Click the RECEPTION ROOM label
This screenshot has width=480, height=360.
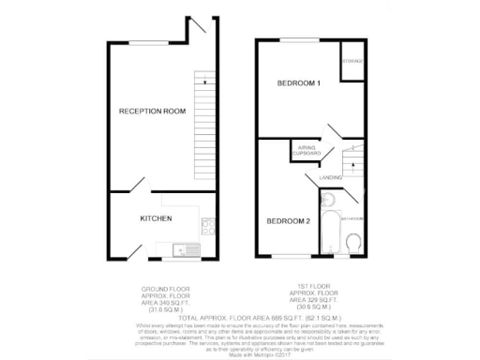(x=151, y=112)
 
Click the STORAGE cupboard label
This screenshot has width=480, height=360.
(x=352, y=61)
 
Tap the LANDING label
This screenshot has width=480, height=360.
(x=331, y=176)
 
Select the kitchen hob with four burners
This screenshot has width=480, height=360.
(x=207, y=226)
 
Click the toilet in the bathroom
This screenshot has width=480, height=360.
(x=354, y=244)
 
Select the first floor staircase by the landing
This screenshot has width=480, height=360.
(x=350, y=165)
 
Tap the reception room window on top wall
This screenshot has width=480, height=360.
(x=154, y=40)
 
